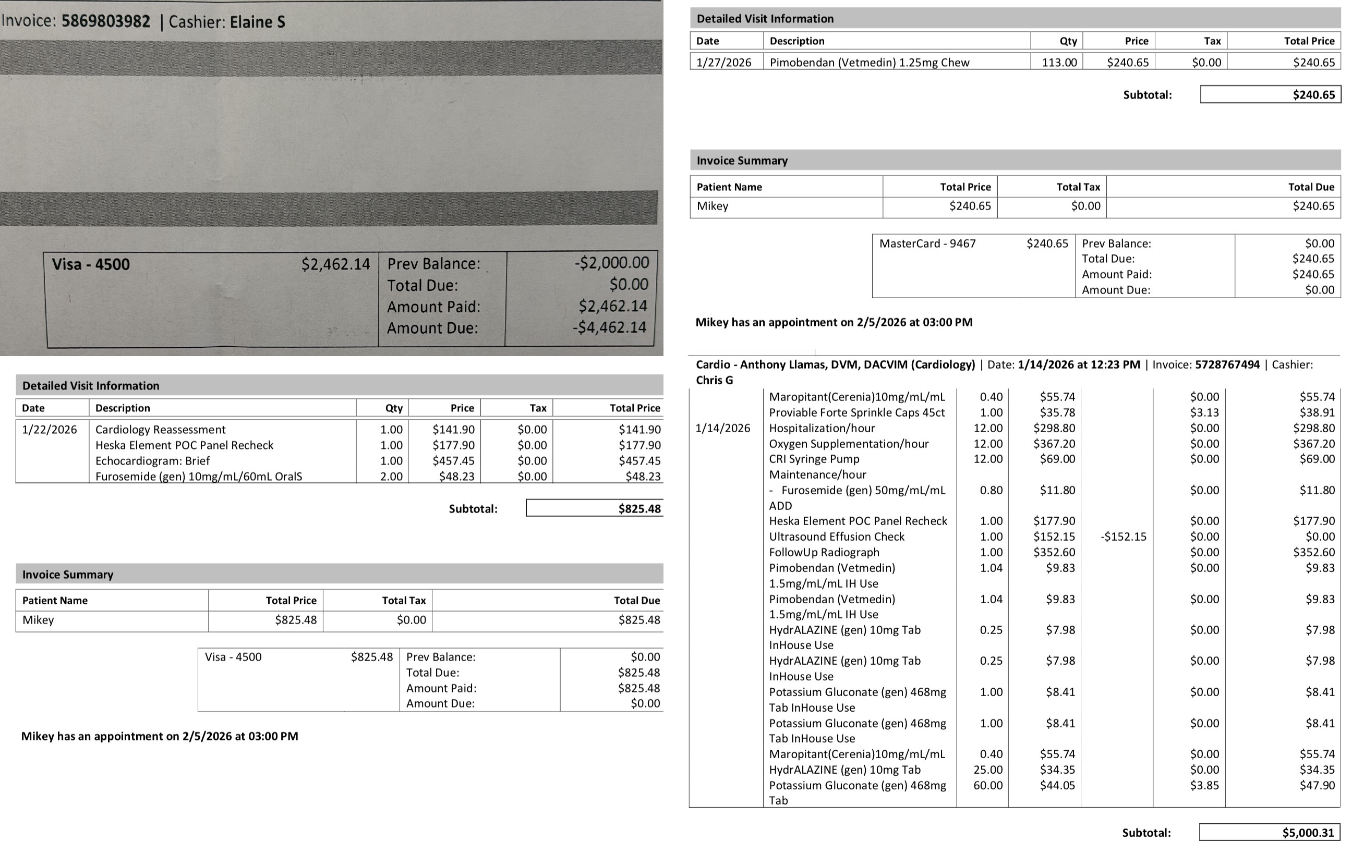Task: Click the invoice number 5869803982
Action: [x=105, y=21]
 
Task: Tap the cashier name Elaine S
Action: [x=257, y=22]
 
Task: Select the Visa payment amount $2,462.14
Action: [x=335, y=264]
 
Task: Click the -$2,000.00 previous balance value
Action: [x=611, y=263]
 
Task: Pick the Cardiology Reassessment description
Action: [x=160, y=429]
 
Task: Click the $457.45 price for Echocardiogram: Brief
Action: [x=453, y=461]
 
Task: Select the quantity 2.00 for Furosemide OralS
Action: [x=391, y=477]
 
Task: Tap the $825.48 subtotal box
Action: [x=595, y=508]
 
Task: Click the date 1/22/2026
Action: [x=49, y=429]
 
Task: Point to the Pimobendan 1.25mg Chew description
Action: [x=868, y=62]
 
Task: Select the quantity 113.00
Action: [x=1059, y=62]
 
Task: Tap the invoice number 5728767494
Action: [x=1227, y=364]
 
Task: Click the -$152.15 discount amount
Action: [x=1123, y=537]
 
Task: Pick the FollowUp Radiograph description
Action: [x=824, y=552]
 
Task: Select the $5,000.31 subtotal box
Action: [x=1270, y=832]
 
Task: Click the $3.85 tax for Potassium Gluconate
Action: [x=1204, y=785]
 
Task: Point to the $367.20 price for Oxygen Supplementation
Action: [x=1054, y=443]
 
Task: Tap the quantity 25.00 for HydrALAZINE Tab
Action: [x=987, y=770]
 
